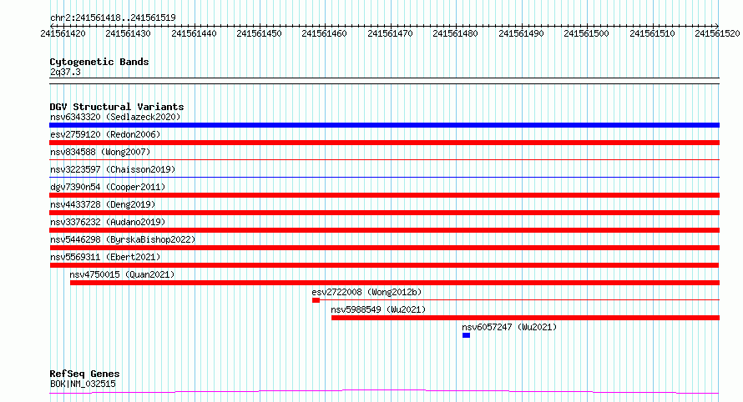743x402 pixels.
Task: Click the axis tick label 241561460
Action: pyautogui.click(x=324, y=33)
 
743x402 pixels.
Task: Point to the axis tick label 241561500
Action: pyautogui.click(x=586, y=33)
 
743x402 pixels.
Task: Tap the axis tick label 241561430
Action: pyautogui.click(x=128, y=33)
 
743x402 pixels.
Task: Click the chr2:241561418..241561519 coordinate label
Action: pyautogui.click(x=113, y=18)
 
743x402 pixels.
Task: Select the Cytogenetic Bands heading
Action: pyautogui.click(x=99, y=62)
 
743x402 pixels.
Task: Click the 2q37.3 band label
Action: pyautogui.click(x=65, y=72)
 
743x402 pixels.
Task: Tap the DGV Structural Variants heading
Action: pyautogui.click(x=117, y=107)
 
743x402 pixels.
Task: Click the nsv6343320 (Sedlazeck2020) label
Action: pyautogui.click(x=115, y=117)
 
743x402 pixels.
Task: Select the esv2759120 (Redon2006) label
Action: pyautogui.click(x=105, y=134)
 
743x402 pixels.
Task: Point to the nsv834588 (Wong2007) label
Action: pyautogui.click(x=100, y=152)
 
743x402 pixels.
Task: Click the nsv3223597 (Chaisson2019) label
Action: pyautogui.click(x=113, y=169)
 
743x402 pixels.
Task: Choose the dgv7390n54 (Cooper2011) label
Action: pyautogui.click(x=108, y=187)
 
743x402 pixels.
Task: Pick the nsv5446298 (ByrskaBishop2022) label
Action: pyautogui.click(x=123, y=239)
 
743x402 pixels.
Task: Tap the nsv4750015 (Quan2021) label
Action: pyautogui.click(x=122, y=274)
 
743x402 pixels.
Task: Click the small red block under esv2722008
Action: pyautogui.click(x=316, y=300)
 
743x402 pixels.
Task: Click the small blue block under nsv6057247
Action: pyautogui.click(x=467, y=335)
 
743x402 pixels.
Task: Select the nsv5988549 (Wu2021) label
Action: pyautogui.click(x=378, y=309)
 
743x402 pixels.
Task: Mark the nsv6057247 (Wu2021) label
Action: pyautogui.click(x=509, y=327)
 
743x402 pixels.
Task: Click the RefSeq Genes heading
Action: pyautogui.click(x=85, y=374)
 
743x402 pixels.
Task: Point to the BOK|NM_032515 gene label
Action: pyautogui.click(x=83, y=384)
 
